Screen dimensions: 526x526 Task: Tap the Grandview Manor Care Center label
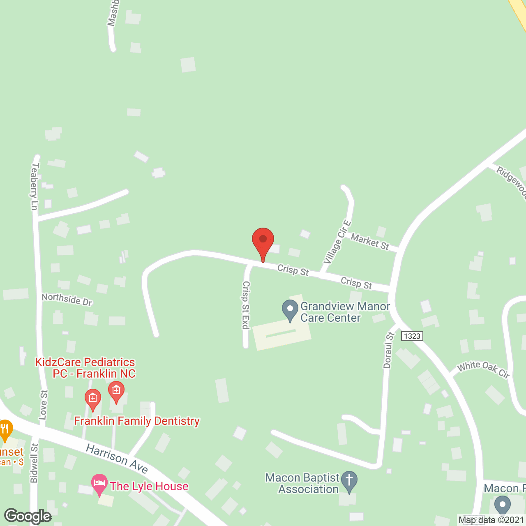(345, 312)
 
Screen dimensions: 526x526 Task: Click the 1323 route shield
(412, 336)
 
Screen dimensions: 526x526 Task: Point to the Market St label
(370, 242)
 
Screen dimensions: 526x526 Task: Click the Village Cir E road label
(337, 242)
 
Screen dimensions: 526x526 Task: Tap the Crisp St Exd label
(246, 305)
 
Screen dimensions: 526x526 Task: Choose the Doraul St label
(388, 350)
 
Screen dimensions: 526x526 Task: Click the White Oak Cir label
(484, 369)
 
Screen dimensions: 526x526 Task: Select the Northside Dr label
(67, 299)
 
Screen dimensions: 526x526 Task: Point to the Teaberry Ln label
(35, 187)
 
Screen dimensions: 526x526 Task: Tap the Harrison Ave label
(117, 459)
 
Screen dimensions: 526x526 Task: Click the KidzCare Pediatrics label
(85, 368)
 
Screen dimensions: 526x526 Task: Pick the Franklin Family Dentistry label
(137, 421)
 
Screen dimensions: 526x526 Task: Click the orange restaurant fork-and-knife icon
(5, 429)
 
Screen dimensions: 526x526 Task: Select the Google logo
(28, 516)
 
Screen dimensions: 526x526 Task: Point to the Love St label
(44, 405)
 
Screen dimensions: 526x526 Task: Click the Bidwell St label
(34, 463)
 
